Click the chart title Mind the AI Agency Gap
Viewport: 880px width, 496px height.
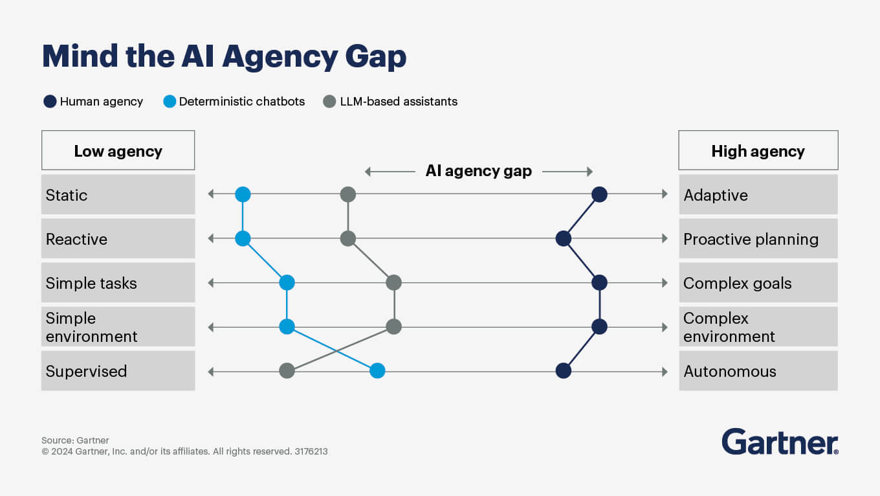pyautogui.click(x=224, y=56)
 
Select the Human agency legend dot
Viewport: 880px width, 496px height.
pyautogui.click(x=50, y=101)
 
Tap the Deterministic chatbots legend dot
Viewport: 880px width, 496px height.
pyautogui.click(x=170, y=101)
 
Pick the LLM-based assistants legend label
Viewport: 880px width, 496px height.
pyautogui.click(x=399, y=102)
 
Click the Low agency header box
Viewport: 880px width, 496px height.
pyautogui.click(x=118, y=151)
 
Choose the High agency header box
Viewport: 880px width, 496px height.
pyautogui.click(x=758, y=151)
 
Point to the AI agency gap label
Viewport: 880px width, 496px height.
pyautogui.click(x=478, y=171)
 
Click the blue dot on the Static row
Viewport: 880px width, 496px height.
pyautogui.click(x=243, y=194)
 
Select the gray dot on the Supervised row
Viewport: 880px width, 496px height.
pyautogui.click(x=287, y=371)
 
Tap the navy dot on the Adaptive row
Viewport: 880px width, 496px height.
pyautogui.click(x=599, y=194)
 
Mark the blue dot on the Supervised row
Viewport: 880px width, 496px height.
pyautogui.click(x=377, y=371)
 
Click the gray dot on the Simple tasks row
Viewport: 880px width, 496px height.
pyautogui.click(x=393, y=283)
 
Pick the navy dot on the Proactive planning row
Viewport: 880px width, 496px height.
pyautogui.click(x=564, y=239)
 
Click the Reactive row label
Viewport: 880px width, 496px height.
pyautogui.click(x=76, y=239)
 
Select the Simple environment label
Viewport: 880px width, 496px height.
pyautogui.click(x=91, y=327)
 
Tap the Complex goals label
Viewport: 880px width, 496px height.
pyautogui.click(x=737, y=283)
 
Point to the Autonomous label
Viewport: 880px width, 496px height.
pyautogui.click(x=729, y=371)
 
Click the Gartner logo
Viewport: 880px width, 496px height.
pyautogui.click(x=780, y=442)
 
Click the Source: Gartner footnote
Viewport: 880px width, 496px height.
pyautogui.click(x=75, y=440)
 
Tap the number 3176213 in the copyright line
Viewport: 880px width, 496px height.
pyautogui.click(x=311, y=451)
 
